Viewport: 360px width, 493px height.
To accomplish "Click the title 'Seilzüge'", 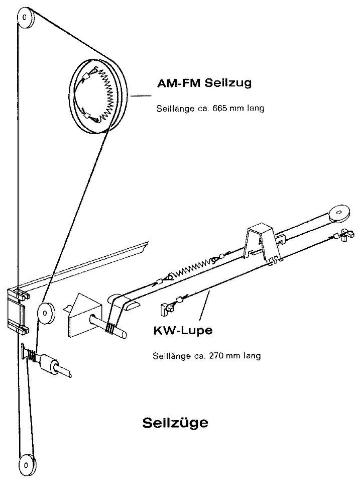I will coord(175,422).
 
